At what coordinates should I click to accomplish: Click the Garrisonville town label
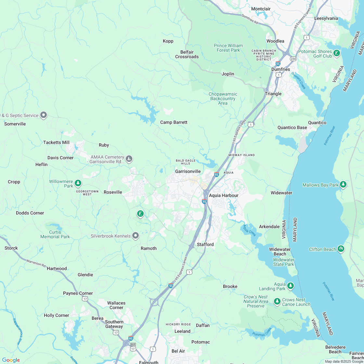[188, 171]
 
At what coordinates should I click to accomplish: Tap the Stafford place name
[205, 244]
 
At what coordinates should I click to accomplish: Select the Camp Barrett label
[174, 122]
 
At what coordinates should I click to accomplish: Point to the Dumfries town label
[280, 69]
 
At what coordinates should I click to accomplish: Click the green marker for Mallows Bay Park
[343, 185]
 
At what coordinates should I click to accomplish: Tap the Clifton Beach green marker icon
[341, 249]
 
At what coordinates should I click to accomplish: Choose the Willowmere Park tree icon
[78, 183]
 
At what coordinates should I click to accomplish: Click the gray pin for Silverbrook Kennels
[136, 236]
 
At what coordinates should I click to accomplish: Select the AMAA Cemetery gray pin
[129, 159]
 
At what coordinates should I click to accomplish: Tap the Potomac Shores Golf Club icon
[337, 53]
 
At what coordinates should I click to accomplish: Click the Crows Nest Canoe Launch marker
[277, 301]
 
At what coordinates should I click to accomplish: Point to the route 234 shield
[293, 59]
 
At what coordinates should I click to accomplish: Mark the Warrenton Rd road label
[36, 263]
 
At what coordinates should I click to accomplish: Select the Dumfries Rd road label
[250, 19]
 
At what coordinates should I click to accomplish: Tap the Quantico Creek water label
[298, 81]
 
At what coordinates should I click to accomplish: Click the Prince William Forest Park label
[228, 48]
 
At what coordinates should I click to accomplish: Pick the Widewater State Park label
[283, 262]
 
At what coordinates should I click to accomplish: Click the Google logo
[11, 360]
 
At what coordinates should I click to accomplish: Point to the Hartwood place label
[57, 268]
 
